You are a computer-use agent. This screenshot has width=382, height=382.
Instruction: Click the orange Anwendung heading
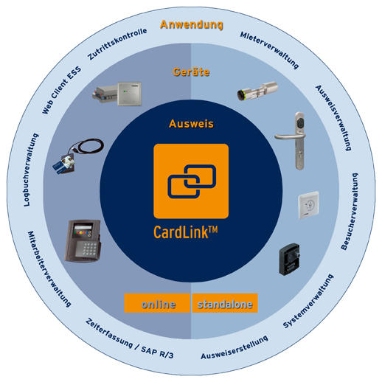[x=191, y=25]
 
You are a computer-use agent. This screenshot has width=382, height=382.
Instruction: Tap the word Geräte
[x=191, y=72]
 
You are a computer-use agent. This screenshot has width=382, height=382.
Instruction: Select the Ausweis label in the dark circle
[x=191, y=124]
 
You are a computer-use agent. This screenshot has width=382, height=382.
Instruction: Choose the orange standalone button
[x=225, y=303]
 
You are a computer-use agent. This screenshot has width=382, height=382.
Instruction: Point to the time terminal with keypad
[x=84, y=240]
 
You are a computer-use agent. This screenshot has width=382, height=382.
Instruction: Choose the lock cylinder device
[x=259, y=93]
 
